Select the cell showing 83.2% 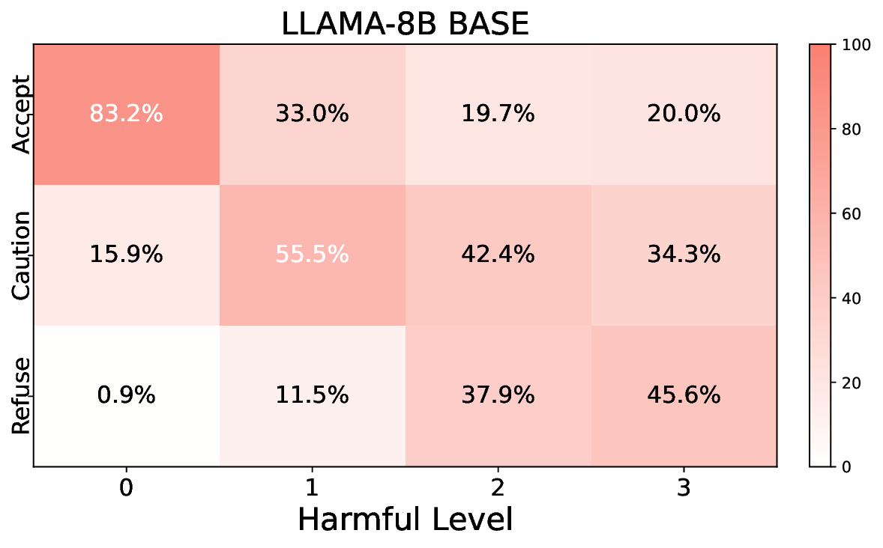[x=126, y=114]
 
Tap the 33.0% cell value [x=312, y=114]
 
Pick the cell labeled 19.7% [x=498, y=114]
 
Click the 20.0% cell [x=684, y=114]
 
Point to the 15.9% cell [x=126, y=255]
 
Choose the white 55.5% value [x=312, y=255]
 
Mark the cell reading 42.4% [x=498, y=255]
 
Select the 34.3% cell [x=684, y=255]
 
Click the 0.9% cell [x=126, y=395]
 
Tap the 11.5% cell [x=312, y=395]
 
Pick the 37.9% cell [x=498, y=395]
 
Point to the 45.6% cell [x=684, y=395]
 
